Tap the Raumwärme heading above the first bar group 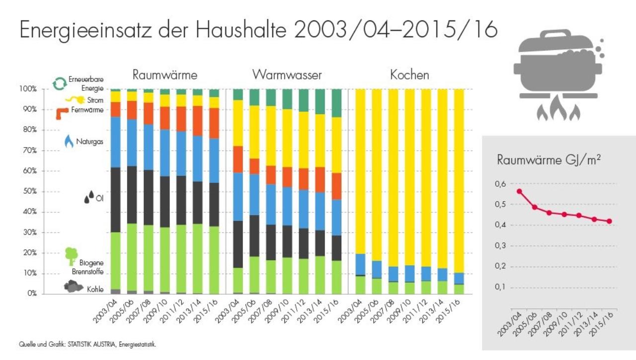[x=165, y=75]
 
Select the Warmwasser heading [x=287, y=75]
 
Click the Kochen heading [x=409, y=75]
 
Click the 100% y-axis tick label [x=28, y=89]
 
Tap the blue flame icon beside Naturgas [x=69, y=142]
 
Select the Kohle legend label [x=95, y=289]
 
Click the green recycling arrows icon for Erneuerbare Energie [x=60, y=83]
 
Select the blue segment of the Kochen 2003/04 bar [x=360, y=264]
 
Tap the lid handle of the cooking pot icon [x=555, y=34]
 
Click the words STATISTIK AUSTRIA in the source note [x=90, y=344]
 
